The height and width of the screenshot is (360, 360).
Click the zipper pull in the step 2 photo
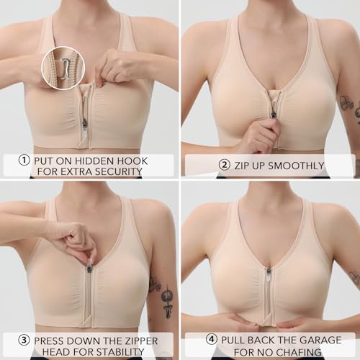(x=273, y=116)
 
